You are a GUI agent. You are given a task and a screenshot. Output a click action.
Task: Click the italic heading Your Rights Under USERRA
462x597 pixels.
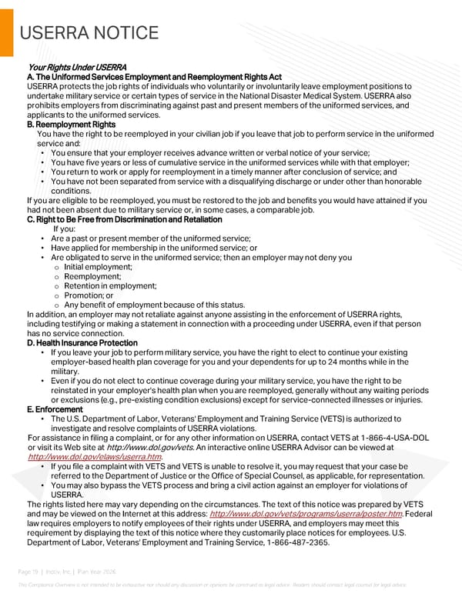pos(76,68)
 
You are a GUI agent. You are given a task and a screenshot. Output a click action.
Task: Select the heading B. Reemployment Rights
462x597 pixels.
pos(71,125)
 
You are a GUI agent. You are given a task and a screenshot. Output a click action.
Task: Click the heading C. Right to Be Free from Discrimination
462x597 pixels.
pos(124,220)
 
